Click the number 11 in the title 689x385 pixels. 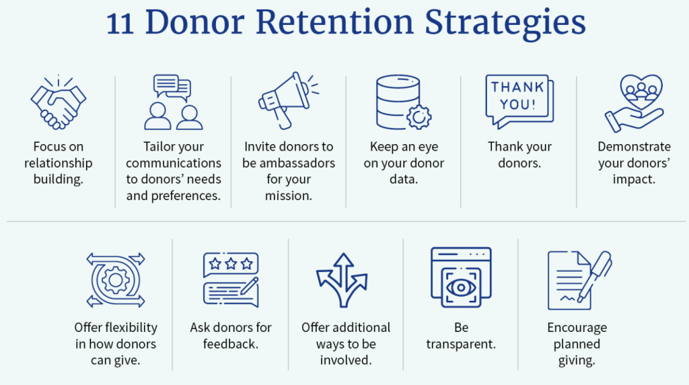120,24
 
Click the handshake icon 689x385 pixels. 59,102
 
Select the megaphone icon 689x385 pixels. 288,101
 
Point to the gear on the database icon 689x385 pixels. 419,117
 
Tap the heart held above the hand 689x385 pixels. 641,91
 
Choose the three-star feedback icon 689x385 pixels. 231,280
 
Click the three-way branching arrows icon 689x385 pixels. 342,280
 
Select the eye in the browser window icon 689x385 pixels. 461,288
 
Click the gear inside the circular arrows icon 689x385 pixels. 116,280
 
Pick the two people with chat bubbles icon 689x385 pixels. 174,102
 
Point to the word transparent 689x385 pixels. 461,344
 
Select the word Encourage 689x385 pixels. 577,328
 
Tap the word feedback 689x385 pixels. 231,344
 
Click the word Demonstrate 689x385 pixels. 634,147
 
